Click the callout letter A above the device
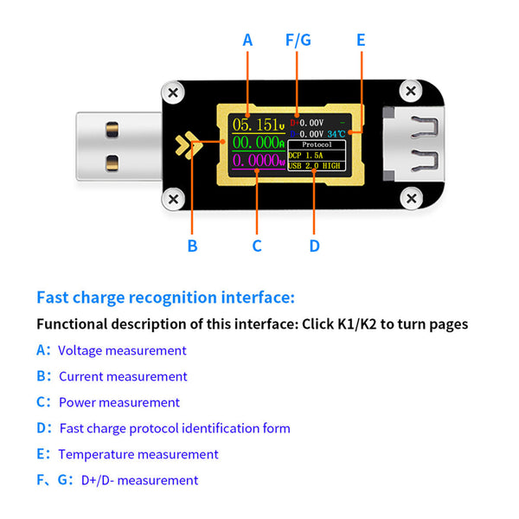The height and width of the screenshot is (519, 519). pyautogui.click(x=247, y=40)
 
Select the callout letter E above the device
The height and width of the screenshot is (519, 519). pyautogui.click(x=361, y=40)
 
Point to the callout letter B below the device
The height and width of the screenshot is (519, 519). pyautogui.click(x=192, y=246)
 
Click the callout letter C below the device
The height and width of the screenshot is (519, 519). pyautogui.click(x=257, y=246)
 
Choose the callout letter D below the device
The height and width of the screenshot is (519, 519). pyautogui.click(x=314, y=246)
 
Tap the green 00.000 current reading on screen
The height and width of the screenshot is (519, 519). pyautogui.click(x=257, y=142)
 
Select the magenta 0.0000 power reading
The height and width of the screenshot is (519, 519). pyautogui.click(x=257, y=161)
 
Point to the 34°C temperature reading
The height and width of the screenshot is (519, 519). pyautogui.click(x=336, y=134)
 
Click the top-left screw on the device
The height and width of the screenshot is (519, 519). pyautogui.click(x=173, y=92)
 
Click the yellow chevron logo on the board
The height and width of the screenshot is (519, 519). pyautogui.click(x=185, y=144)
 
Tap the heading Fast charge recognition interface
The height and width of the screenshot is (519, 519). pyautogui.click(x=165, y=298)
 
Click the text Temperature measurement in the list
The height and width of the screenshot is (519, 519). pyautogui.click(x=138, y=454)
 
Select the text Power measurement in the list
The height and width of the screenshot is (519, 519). pyautogui.click(x=119, y=402)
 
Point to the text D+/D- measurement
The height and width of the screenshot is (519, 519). pyautogui.click(x=139, y=480)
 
